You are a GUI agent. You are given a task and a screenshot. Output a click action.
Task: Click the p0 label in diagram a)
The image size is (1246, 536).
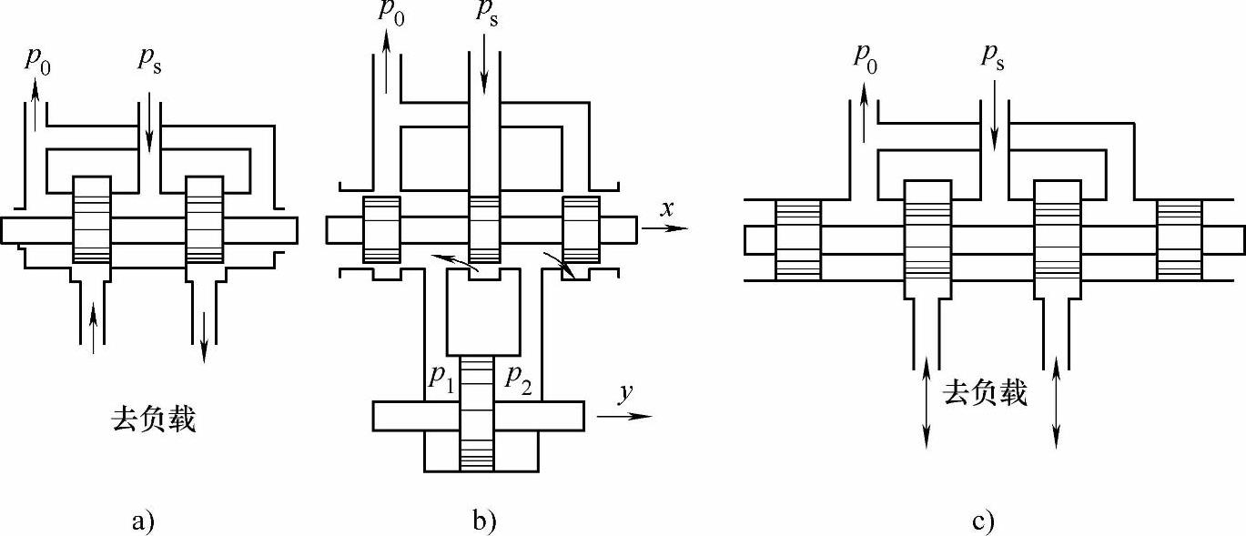(x=38, y=62)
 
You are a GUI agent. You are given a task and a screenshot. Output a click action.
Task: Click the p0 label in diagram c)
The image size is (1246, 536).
(x=866, y=56)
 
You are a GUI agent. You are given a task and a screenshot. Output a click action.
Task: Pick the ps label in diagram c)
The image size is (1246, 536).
(x=993, y=56)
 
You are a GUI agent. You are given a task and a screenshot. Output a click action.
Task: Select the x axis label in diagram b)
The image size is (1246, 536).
(x=667, y=208)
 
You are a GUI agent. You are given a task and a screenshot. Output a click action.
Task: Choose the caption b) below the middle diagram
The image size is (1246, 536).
(x=484, y=521)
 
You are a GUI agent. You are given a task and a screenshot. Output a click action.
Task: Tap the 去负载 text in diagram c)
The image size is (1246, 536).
(x=986, y=394)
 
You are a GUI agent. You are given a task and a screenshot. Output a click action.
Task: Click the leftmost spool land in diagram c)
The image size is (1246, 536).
(x=798, y=239)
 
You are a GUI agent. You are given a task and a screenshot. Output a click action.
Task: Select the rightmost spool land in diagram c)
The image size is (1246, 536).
(x=1180, y=239)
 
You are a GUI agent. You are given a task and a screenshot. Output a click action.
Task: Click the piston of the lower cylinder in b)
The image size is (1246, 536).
(x=478, y=414)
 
